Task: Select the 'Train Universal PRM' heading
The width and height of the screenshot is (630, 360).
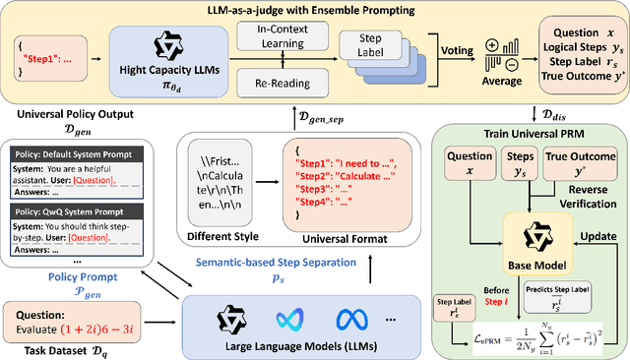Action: (x=530, y=133)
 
